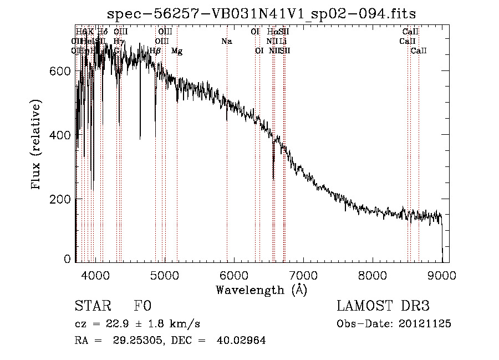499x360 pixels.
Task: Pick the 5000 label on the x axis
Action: [165, 275]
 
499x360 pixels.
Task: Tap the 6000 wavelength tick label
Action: [235, 275]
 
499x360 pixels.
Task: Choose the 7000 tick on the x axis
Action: [304, 275]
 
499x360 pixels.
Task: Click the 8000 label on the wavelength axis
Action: [373, 275]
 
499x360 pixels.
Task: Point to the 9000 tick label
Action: [442, 275]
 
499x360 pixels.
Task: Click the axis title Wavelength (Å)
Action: [262, 290]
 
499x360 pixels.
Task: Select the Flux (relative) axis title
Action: [37, 145]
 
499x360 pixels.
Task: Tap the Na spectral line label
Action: [226, 41]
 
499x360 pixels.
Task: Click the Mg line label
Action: [177, 50]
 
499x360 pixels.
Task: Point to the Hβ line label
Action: [155, 50]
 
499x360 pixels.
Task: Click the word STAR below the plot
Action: [93, 306]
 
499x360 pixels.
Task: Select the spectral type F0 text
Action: [142, 306]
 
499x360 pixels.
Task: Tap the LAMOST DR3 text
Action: [383, 306]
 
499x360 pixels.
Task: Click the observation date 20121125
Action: [425, 324]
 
